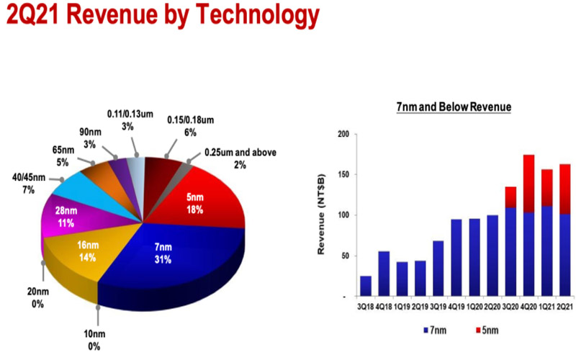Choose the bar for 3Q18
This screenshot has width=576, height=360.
click(x=366, y=286)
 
